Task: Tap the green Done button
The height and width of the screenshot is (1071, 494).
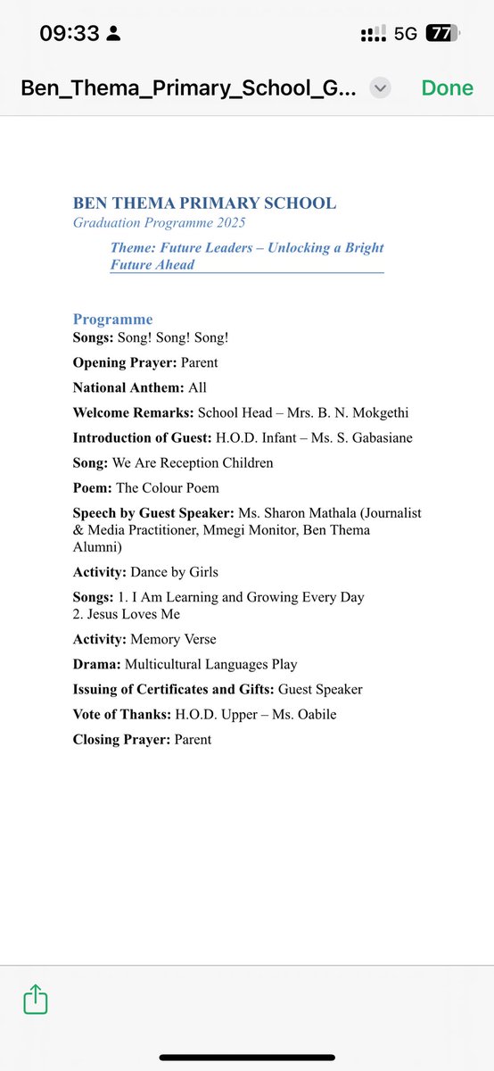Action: click(x=448, y=87)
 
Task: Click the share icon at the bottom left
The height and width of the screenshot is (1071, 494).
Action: click(x=36, y=999)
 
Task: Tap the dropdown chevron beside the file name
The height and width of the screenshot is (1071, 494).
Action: click(x=380, y=87)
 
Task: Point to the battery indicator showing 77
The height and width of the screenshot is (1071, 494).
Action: click(x=441, y=34)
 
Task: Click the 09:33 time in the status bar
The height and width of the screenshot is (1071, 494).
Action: click(x=69, y=34)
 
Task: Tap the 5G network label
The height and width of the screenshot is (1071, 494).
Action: click(x=406, y=34)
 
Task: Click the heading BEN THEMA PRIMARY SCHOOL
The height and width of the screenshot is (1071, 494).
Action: click(x=204, y=203)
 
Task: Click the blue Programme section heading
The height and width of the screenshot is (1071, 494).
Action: click(x=112, y=319)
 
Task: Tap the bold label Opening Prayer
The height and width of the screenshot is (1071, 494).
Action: click(x=125, y=363)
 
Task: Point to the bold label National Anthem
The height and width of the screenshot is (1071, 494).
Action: click(x=128, y=388)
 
